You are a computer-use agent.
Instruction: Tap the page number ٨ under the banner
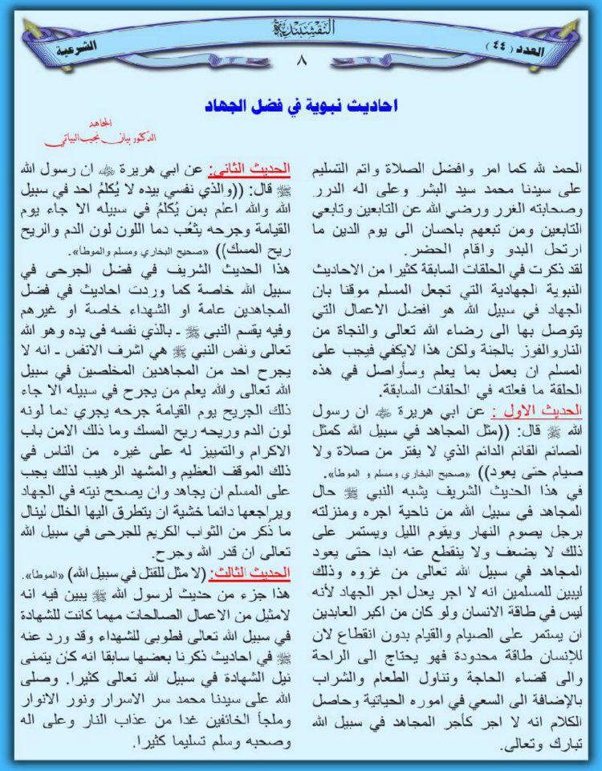302,61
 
